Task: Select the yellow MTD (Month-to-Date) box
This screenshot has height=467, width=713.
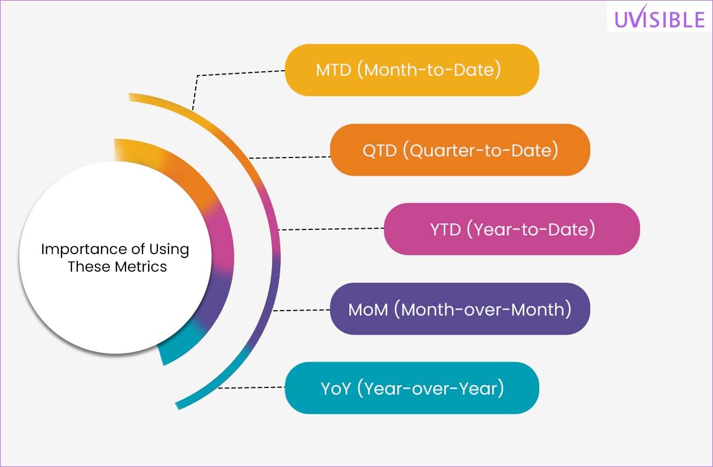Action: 412,70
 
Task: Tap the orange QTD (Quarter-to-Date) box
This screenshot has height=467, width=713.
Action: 460,150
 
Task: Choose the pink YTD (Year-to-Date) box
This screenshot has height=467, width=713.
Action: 512,229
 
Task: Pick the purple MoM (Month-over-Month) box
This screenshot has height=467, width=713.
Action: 460,308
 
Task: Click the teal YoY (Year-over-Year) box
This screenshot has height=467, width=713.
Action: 412,387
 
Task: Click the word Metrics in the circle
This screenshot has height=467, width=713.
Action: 141,267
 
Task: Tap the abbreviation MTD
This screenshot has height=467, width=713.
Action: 333,70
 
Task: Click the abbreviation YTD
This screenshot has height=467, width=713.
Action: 445,229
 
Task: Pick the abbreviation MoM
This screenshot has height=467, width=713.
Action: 368,310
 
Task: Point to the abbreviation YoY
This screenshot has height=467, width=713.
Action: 336,389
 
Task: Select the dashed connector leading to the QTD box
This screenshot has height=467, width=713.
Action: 290,157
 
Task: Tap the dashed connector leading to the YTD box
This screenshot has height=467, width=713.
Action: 331,229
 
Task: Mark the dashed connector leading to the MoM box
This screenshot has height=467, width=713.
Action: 302,310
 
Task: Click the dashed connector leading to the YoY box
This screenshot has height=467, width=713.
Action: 251,387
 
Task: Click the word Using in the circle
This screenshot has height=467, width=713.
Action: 169,250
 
